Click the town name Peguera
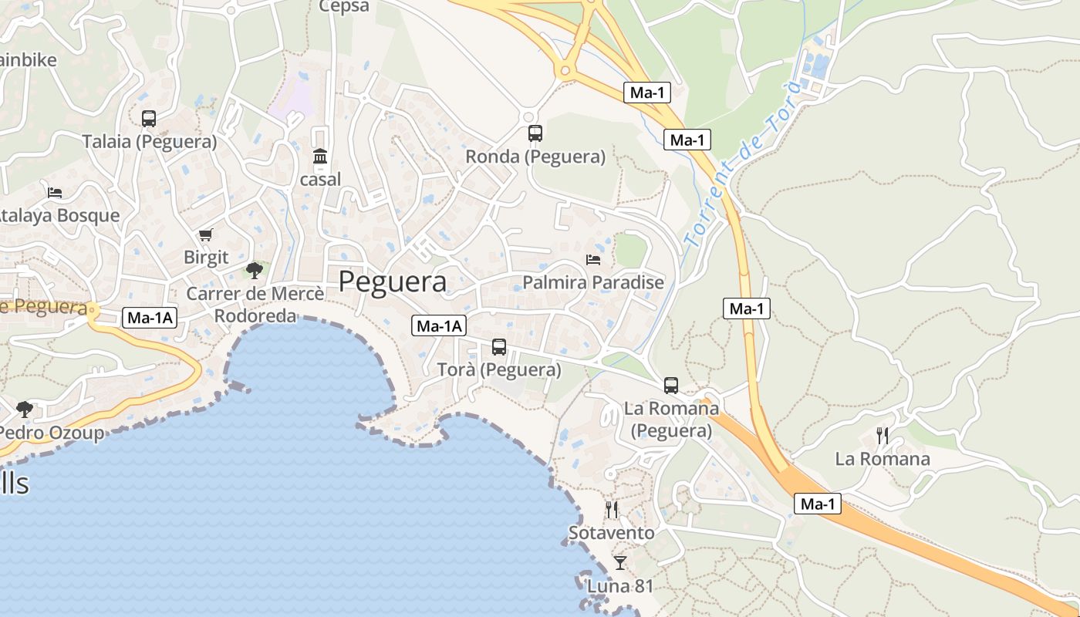tap(393, 282)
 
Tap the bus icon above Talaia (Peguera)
tap(149, 119)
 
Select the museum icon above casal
tap(320, 157)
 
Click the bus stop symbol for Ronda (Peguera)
tap(535, 133)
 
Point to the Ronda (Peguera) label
tap(535, 157)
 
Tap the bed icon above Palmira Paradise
tap(593, 259)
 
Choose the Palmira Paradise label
tap(593, 282)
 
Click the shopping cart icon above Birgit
tap(205, 234)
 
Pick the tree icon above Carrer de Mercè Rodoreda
tap(255, 270)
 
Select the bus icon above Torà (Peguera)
tap(499, 347)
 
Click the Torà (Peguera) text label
tap(499, 370)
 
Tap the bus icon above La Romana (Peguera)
tap(671, 385)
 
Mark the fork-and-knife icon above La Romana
tap(883, 436)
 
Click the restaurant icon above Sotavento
tap(612, 510)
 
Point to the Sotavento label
tap(612, 533)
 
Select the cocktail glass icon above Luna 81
tap(619, 563)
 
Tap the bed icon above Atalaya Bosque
tap(55, 192)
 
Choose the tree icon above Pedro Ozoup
tap(25, 409)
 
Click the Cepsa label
tap(344, 7)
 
